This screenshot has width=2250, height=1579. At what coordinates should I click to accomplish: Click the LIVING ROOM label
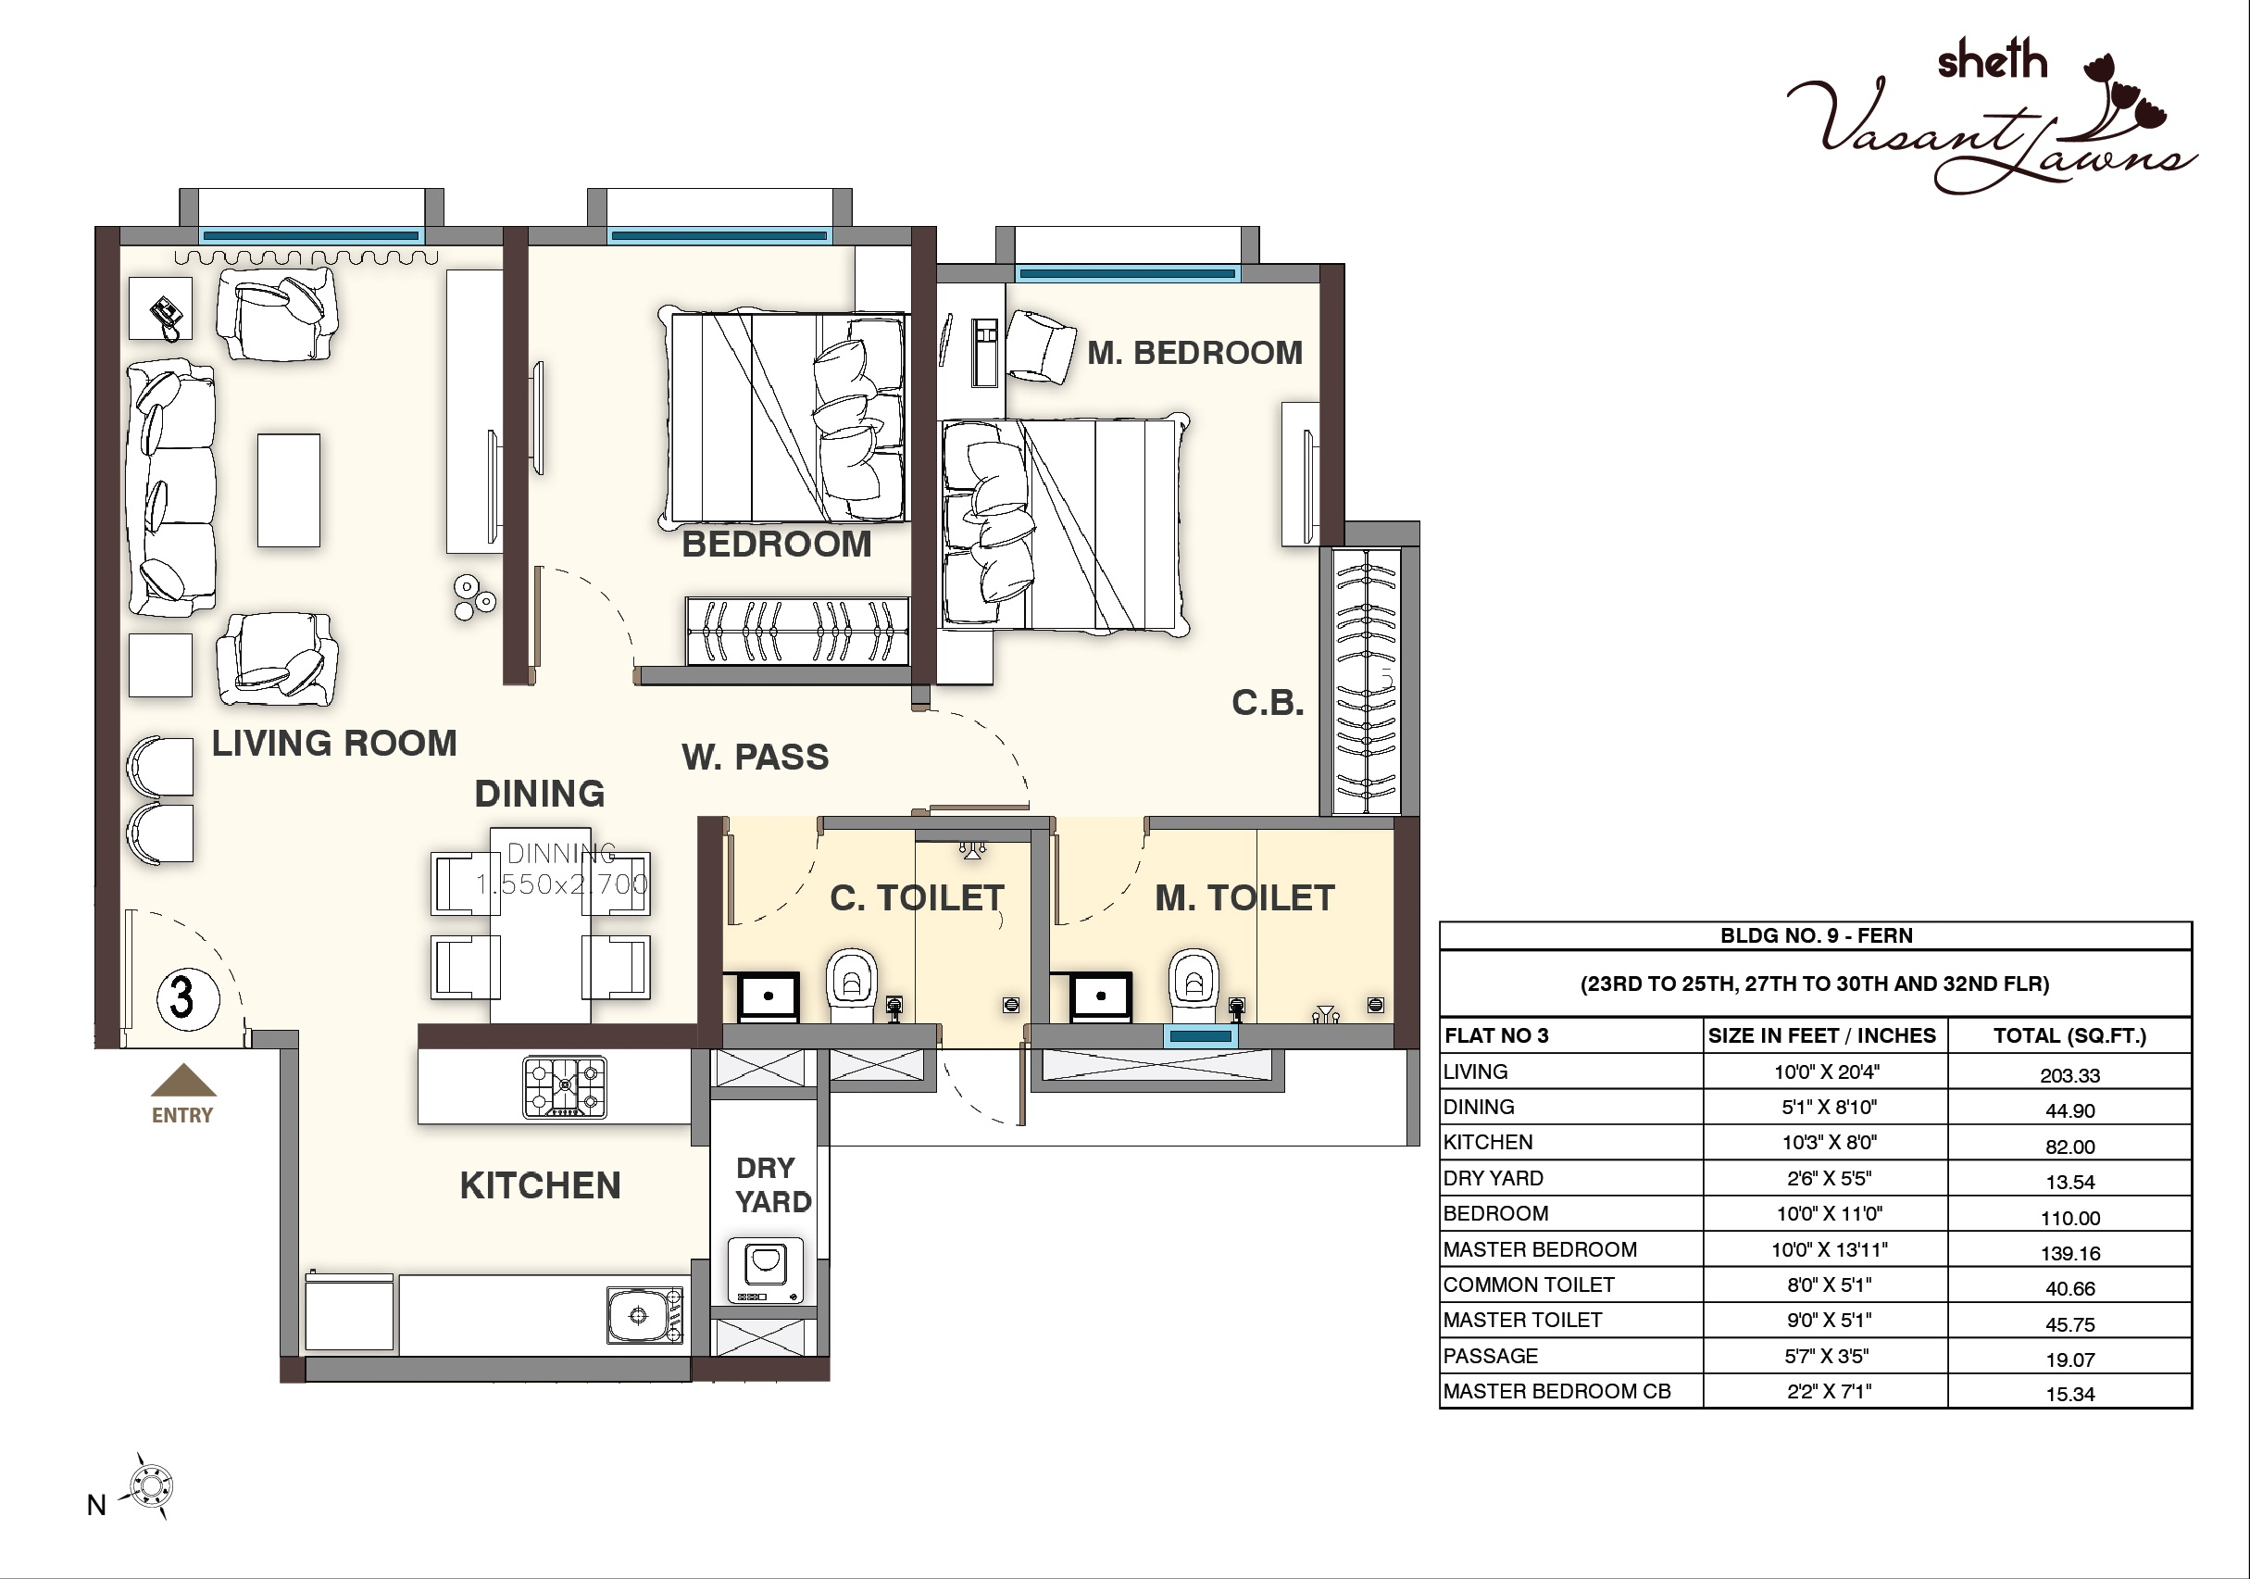click(x=334, y=744)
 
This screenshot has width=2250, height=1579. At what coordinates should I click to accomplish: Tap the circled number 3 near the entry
click(x=183, y=997)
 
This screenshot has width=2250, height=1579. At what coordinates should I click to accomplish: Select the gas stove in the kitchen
click(x=565, y=1087)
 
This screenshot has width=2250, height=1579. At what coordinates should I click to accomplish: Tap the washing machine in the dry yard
click(x=766, y=1270)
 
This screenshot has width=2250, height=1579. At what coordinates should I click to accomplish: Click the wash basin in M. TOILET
click(x=1101, y=996)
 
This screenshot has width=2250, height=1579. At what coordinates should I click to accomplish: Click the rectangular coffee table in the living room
click(x=288, y=490)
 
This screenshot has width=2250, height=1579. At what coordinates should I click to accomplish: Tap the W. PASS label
click(x=755, y=758)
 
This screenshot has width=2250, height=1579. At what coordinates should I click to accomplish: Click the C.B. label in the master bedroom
click(x=1267, y=703)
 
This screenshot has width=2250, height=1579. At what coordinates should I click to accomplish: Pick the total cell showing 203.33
click(x=2069, y=1075)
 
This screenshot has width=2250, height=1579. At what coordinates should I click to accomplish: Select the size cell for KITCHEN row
click(x=1825, y=1143)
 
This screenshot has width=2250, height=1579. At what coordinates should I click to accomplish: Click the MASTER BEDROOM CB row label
click(x=1556, y=1392)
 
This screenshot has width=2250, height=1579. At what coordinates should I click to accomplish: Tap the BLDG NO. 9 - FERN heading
click(x=1815, y=936)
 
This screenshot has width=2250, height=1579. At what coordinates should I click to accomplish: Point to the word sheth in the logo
click(x=1993, y=61)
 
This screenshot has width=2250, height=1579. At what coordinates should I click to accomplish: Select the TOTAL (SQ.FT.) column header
click(x=2069, y=1036)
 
